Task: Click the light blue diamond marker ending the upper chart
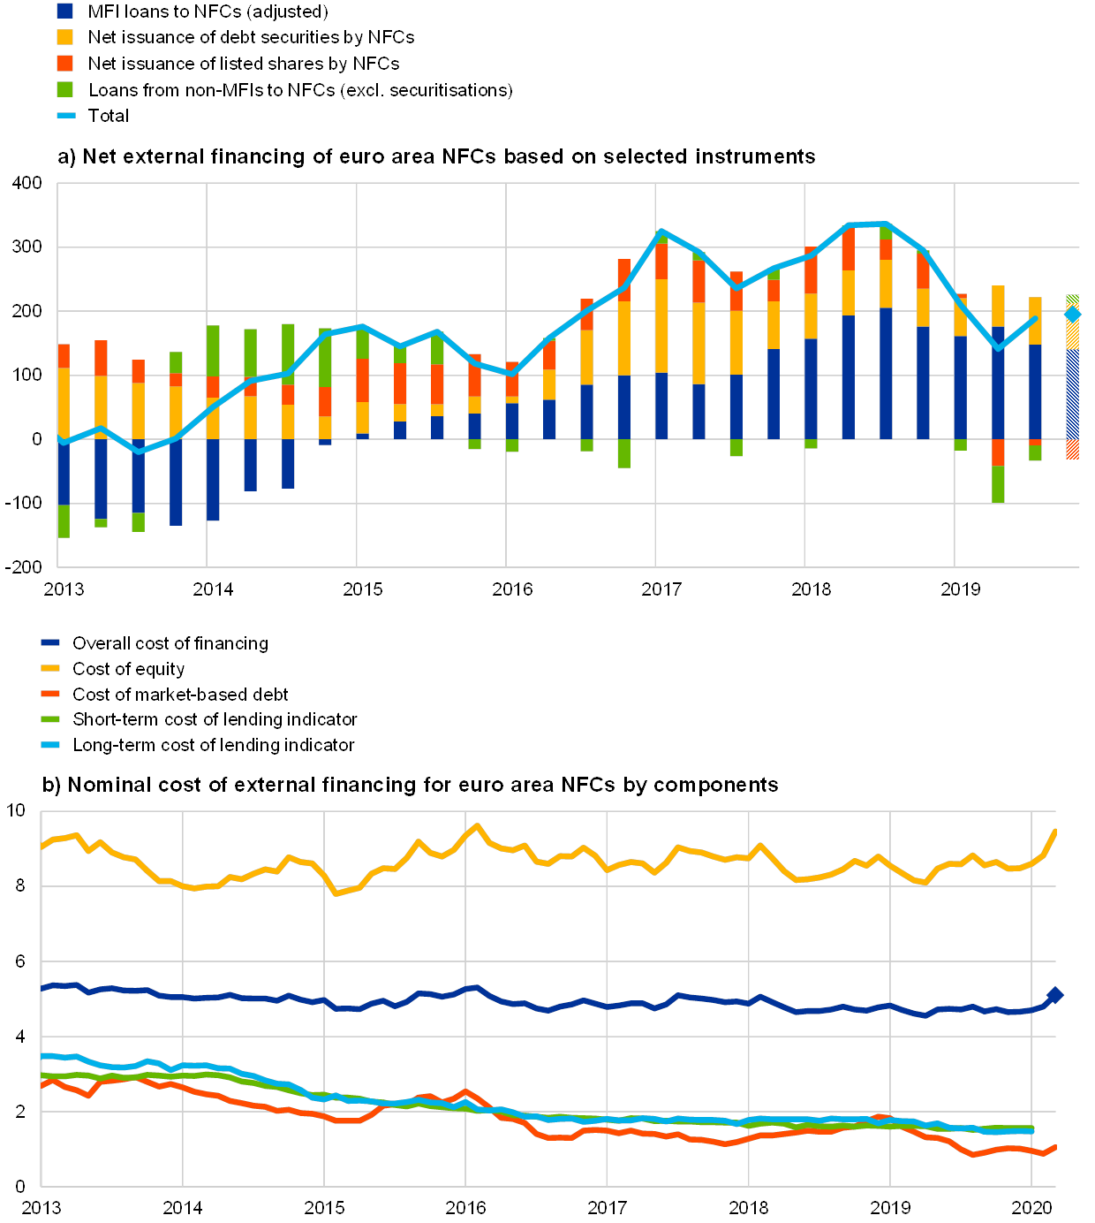(x=1072, y=314)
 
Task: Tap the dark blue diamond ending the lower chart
(x=1054, y=995)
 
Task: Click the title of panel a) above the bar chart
(x=436, y=157)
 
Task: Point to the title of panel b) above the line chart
(x=412, y=785)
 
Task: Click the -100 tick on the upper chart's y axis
(x=26, y=503)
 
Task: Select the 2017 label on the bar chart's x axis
(x=661, y=589)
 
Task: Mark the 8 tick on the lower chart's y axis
(x=20, y=886)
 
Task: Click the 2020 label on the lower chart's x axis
(x=1031, y=1207)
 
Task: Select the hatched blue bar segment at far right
(x=1072, y=394)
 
